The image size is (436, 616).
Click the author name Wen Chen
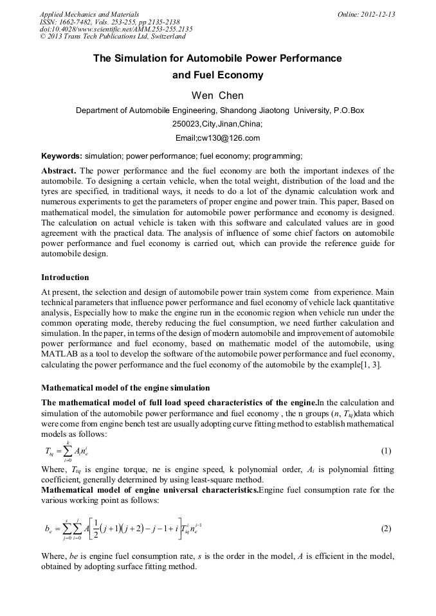point(217,96)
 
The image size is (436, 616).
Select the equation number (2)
point(386,529)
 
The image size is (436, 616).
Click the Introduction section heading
point(65,277)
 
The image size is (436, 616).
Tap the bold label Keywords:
point(62,156)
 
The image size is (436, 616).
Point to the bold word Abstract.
point(59,171)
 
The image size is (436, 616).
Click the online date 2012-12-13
point(377,14)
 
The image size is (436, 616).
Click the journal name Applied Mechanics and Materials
point(89,14)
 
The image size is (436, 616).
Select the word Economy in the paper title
point(241,75)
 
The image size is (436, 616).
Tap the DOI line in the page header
point(116,30)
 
